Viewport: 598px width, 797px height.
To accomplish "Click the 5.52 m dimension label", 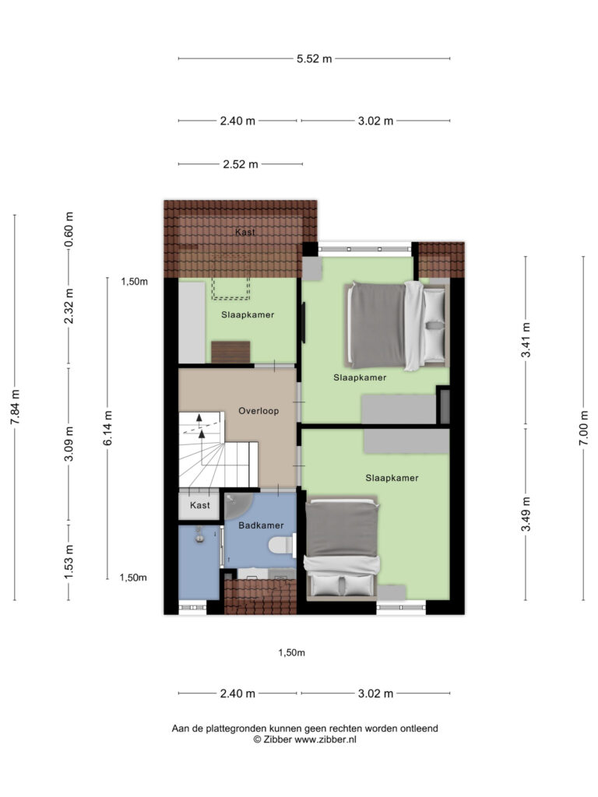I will click(x=315, y=58).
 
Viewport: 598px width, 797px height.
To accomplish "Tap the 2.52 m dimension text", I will click(x=240, y=164).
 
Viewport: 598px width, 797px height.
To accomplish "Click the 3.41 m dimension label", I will click(x=526, y=340).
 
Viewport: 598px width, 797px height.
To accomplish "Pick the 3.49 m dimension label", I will click(x=526, y=514).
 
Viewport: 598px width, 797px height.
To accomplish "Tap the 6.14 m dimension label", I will click(x=108, y=428).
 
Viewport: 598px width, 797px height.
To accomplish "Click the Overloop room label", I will click(x=259, y=410).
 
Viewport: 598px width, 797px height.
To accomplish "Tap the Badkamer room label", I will click(x=261, y=525).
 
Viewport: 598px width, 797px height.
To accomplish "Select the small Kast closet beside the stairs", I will click(x=200, y=505).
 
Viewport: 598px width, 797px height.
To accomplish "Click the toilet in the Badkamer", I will click(x=282, y=544).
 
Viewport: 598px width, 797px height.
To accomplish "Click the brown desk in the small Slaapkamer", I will click(x=230, y=352).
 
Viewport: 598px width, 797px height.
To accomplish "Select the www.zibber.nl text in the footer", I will click(x=325, y=740).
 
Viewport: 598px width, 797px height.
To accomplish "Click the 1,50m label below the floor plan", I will click(x=292, y=653).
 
